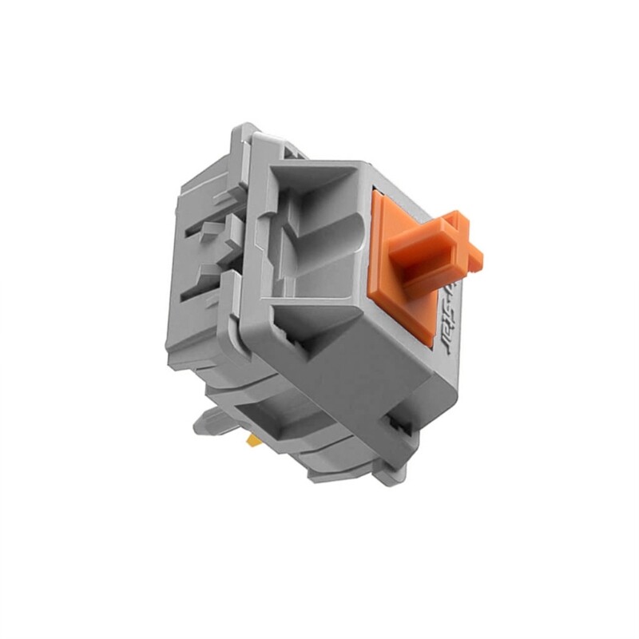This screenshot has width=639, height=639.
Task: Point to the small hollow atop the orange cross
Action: point(455,217)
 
